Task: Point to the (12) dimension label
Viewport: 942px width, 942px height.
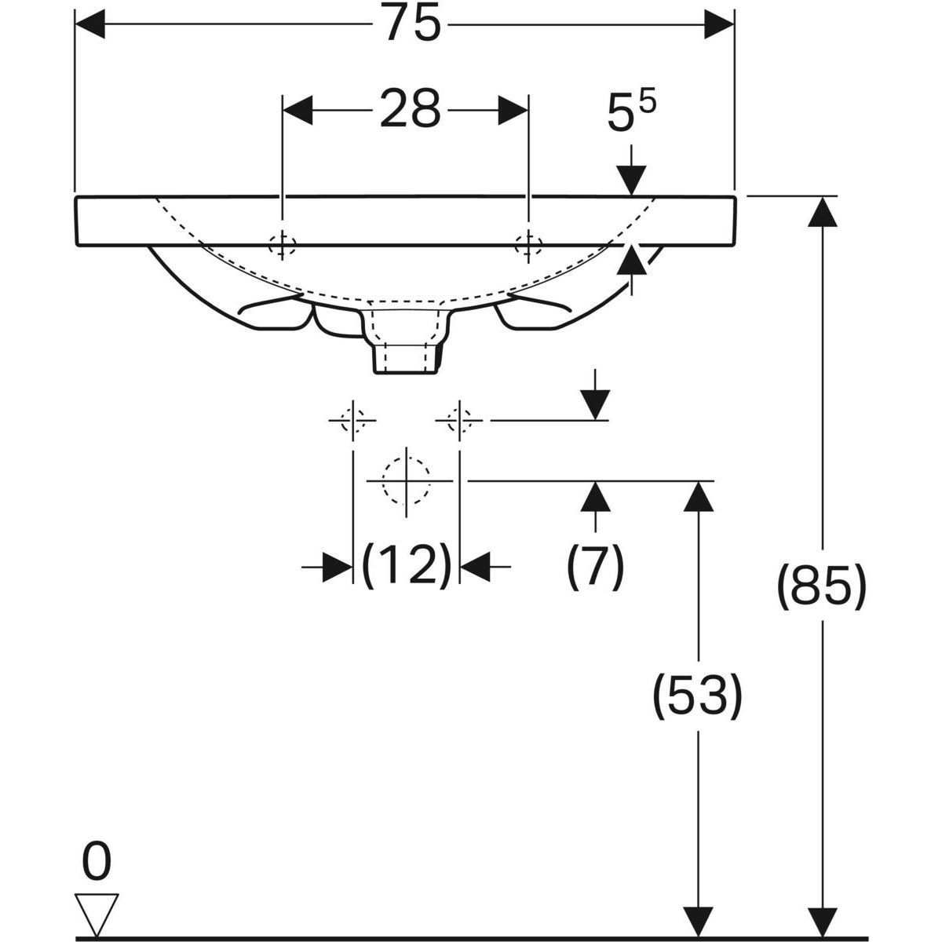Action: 406,564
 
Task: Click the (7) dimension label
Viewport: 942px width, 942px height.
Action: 595,564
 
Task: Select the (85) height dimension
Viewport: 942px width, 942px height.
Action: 822,586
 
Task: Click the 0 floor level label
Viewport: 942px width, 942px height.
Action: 97,863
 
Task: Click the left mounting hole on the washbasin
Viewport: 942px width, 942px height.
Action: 281,245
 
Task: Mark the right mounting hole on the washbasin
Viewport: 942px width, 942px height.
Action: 528,245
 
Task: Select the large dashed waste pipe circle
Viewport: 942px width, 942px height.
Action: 406,480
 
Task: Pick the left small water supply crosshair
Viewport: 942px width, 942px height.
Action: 353,421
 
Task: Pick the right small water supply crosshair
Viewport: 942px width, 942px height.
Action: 459,421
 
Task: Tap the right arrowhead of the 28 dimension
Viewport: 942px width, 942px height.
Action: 513,110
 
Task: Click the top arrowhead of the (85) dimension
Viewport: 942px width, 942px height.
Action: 822,210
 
